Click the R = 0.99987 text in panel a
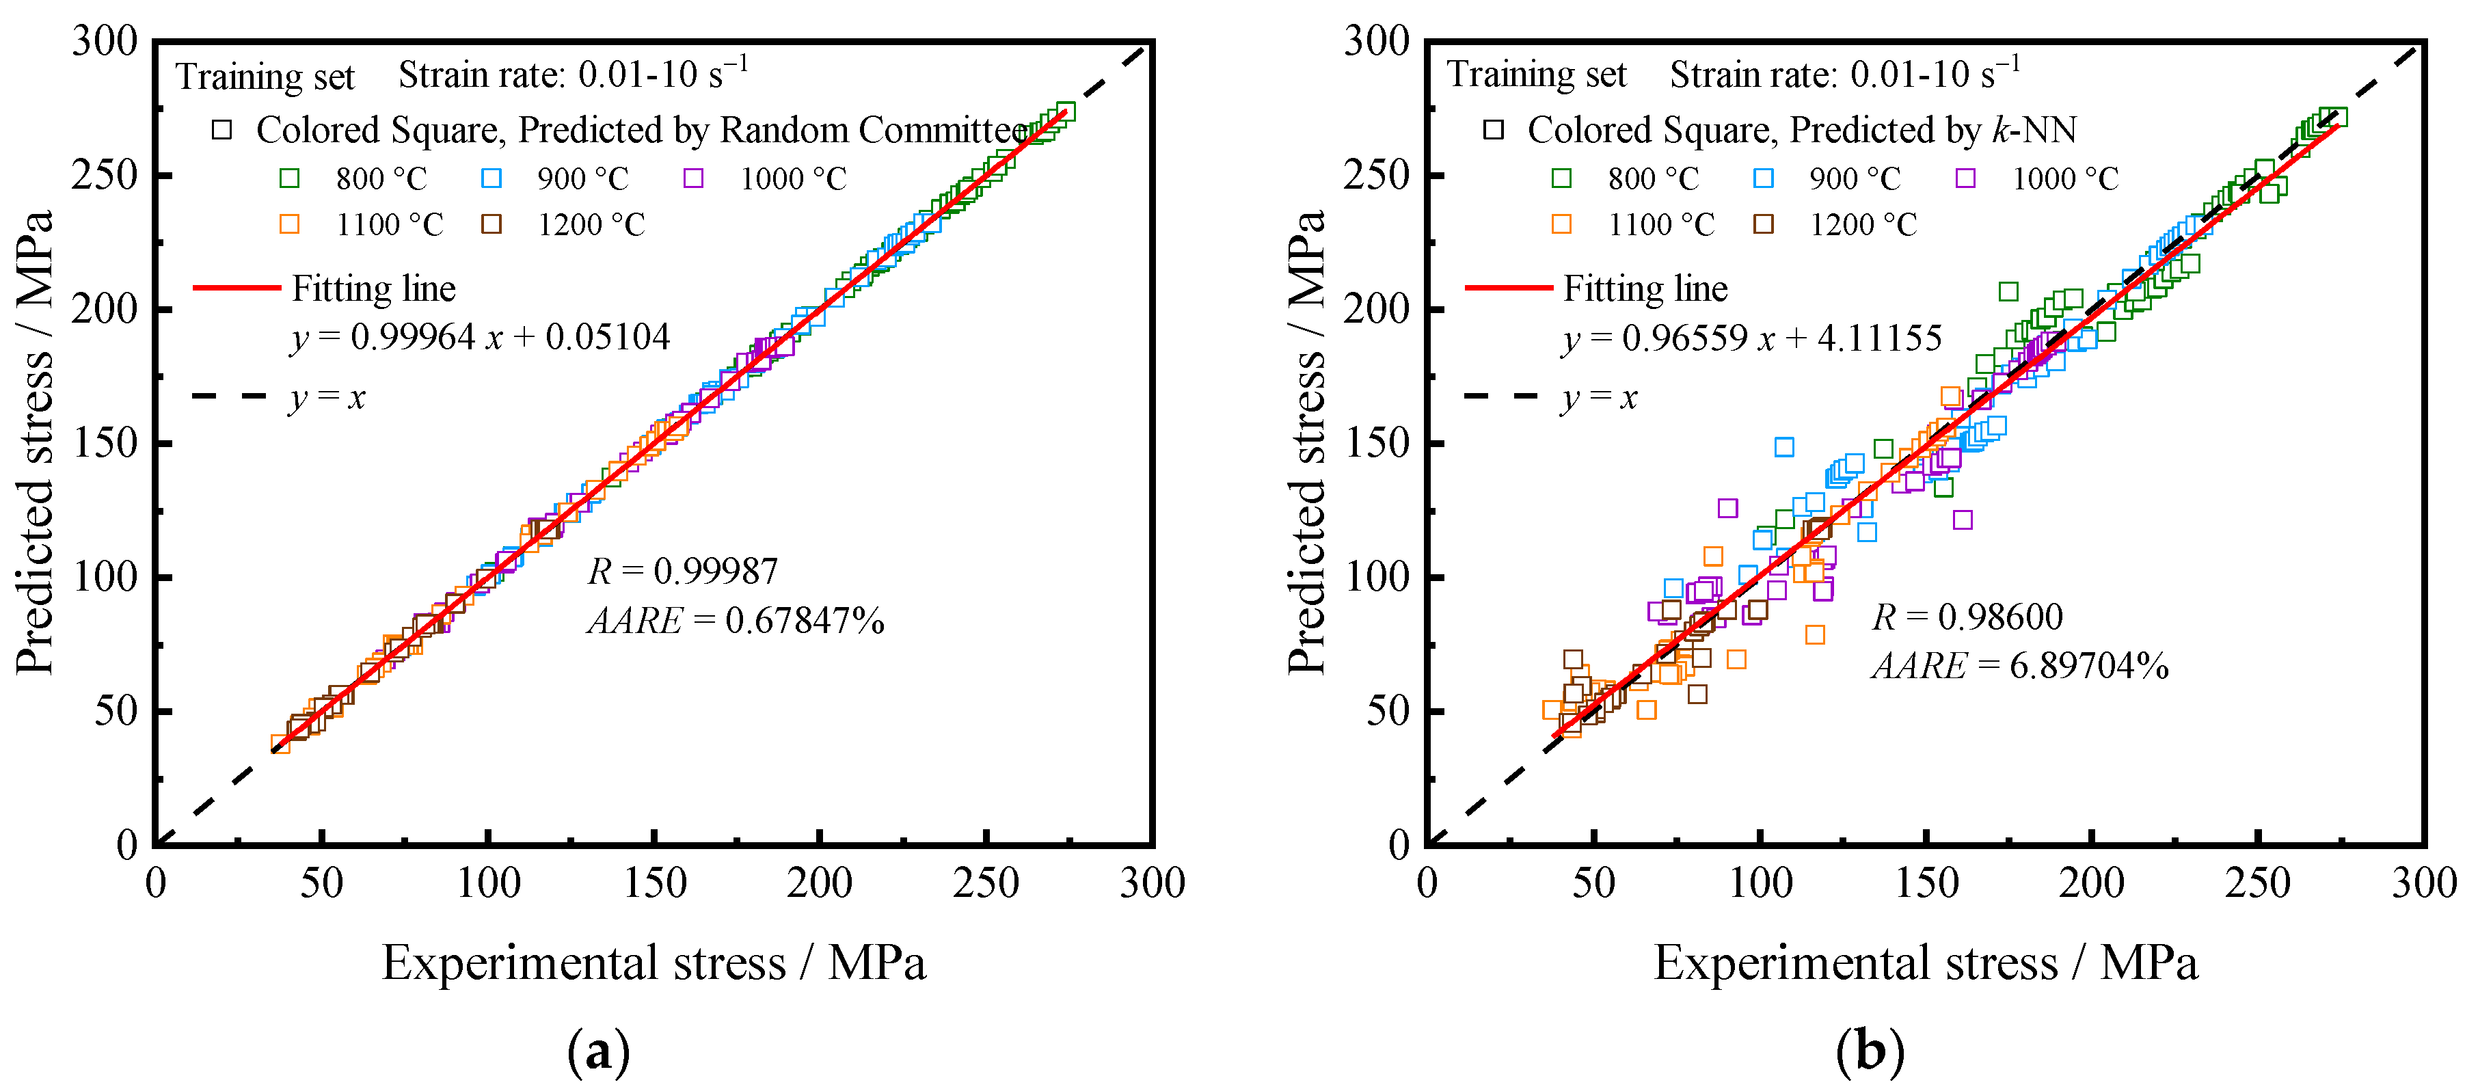pyautogui.click(x=682, y=572)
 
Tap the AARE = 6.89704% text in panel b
pyautogui.click(x=2020, y=665)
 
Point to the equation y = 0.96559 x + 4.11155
pyautogui.click(x=1752, y=338)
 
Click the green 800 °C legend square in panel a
pyautogui.click(x=289, y=178)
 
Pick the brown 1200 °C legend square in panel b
pyautogui.click(x=1763, y=224)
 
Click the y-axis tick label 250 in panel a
pyautogui.click(x=105, y=175)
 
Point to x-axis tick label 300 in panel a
pyautogui.click(x=1151, y=883)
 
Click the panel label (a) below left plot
pyautogui.click(x=599, y=1051)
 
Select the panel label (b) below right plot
pyautogui.click(x=1870, y=1051)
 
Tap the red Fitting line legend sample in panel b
pyautogui.click(x=1508, y=287)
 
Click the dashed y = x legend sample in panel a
pyautogui.click(x=230, y=395)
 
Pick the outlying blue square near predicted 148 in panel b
pyautogui.click(x=1783, y=447)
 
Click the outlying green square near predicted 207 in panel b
pyautogui.click(x=2008, y=291)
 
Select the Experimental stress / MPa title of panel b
pyautogui.click(x=1925, y=962)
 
